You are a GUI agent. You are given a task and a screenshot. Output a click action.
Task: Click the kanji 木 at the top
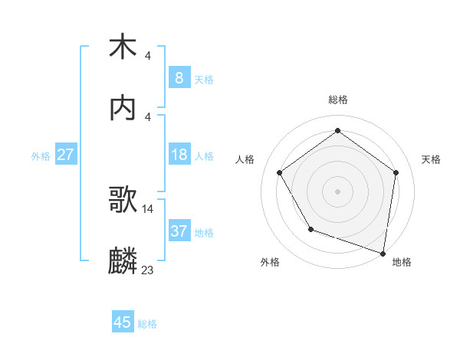(123, 47)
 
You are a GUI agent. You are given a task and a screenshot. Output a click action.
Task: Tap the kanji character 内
(123, 108)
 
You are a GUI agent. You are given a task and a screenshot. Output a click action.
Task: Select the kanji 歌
(123, 200)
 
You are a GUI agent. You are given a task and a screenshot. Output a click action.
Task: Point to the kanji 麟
(123, 261)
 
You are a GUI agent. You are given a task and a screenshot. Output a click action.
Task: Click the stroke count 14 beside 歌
(148, 208)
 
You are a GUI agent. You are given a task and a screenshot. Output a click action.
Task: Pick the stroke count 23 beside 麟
(148, 270)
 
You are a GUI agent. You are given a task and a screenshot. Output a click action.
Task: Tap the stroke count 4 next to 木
(148, 55)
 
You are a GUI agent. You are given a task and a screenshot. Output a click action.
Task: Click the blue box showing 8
(179, 78)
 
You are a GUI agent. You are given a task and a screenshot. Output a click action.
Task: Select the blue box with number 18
(179, 155)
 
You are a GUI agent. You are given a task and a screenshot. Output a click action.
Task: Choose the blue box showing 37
(179, 231)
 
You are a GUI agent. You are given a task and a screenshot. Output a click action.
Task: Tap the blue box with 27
(66, 155)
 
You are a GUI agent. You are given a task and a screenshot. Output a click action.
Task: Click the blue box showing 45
(123, 322)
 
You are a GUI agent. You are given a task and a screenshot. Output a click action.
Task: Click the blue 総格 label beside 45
(147, 324)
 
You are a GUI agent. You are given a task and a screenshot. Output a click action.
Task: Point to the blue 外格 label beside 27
(41, 156)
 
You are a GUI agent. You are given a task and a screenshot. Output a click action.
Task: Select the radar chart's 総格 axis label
(337, 100)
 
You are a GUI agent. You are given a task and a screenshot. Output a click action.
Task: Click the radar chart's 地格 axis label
(402, 262)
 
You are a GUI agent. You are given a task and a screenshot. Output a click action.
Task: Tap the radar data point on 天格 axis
(396, 172)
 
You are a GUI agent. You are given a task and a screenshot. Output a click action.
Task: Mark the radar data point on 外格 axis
(310, 229)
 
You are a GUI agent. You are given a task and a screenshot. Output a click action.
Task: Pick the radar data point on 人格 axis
(279, 172)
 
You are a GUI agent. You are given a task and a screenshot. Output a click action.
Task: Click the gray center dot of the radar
(337, 191)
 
